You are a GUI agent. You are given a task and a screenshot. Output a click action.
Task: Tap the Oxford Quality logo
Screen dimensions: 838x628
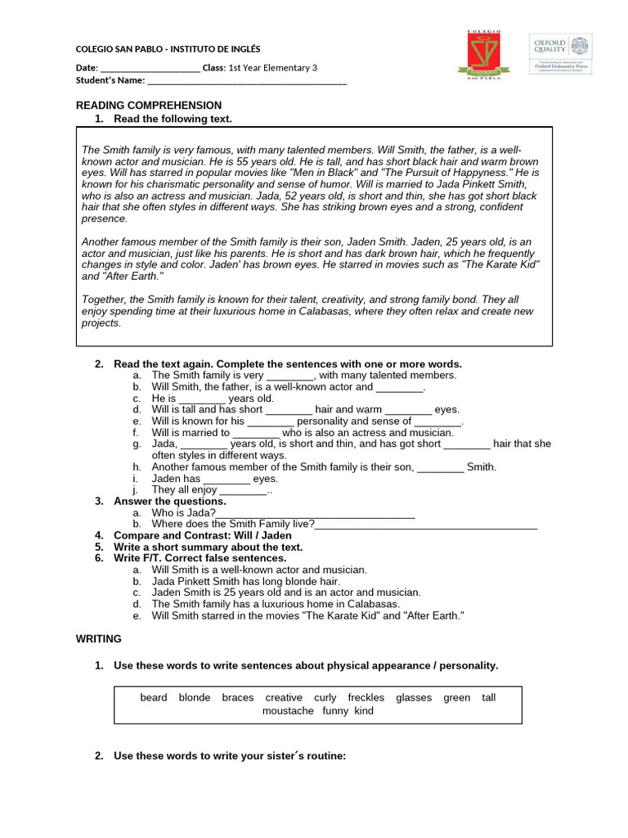pos(560,54)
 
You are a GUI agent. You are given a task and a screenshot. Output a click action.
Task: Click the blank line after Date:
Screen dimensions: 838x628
pos(150,68)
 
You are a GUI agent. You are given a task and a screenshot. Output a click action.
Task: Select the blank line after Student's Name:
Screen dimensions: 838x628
pos(247,81)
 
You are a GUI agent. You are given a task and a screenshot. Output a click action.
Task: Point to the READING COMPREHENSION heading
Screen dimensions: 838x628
pos(149,106)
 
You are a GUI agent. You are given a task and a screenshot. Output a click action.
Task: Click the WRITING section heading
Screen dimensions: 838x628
pos(99,638)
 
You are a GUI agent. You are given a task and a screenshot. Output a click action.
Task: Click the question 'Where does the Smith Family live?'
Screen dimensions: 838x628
pos(233,525)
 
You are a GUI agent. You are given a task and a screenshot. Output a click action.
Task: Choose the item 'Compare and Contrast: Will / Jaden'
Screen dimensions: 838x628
pos(202,535)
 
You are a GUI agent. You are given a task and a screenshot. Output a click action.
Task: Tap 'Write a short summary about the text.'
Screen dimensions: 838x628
pos(208,547)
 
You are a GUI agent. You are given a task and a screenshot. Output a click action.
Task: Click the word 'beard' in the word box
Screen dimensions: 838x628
pos(154,698)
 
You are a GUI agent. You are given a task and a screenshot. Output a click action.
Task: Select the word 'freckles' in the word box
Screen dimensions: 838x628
pos(366,698)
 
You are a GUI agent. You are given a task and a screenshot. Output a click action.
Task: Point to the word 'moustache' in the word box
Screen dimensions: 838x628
pos(288,711)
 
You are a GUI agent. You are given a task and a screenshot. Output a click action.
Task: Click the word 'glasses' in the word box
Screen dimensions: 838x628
pos(414,698)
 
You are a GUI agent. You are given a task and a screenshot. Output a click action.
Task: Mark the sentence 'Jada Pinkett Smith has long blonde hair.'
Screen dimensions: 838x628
pos(246,581)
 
